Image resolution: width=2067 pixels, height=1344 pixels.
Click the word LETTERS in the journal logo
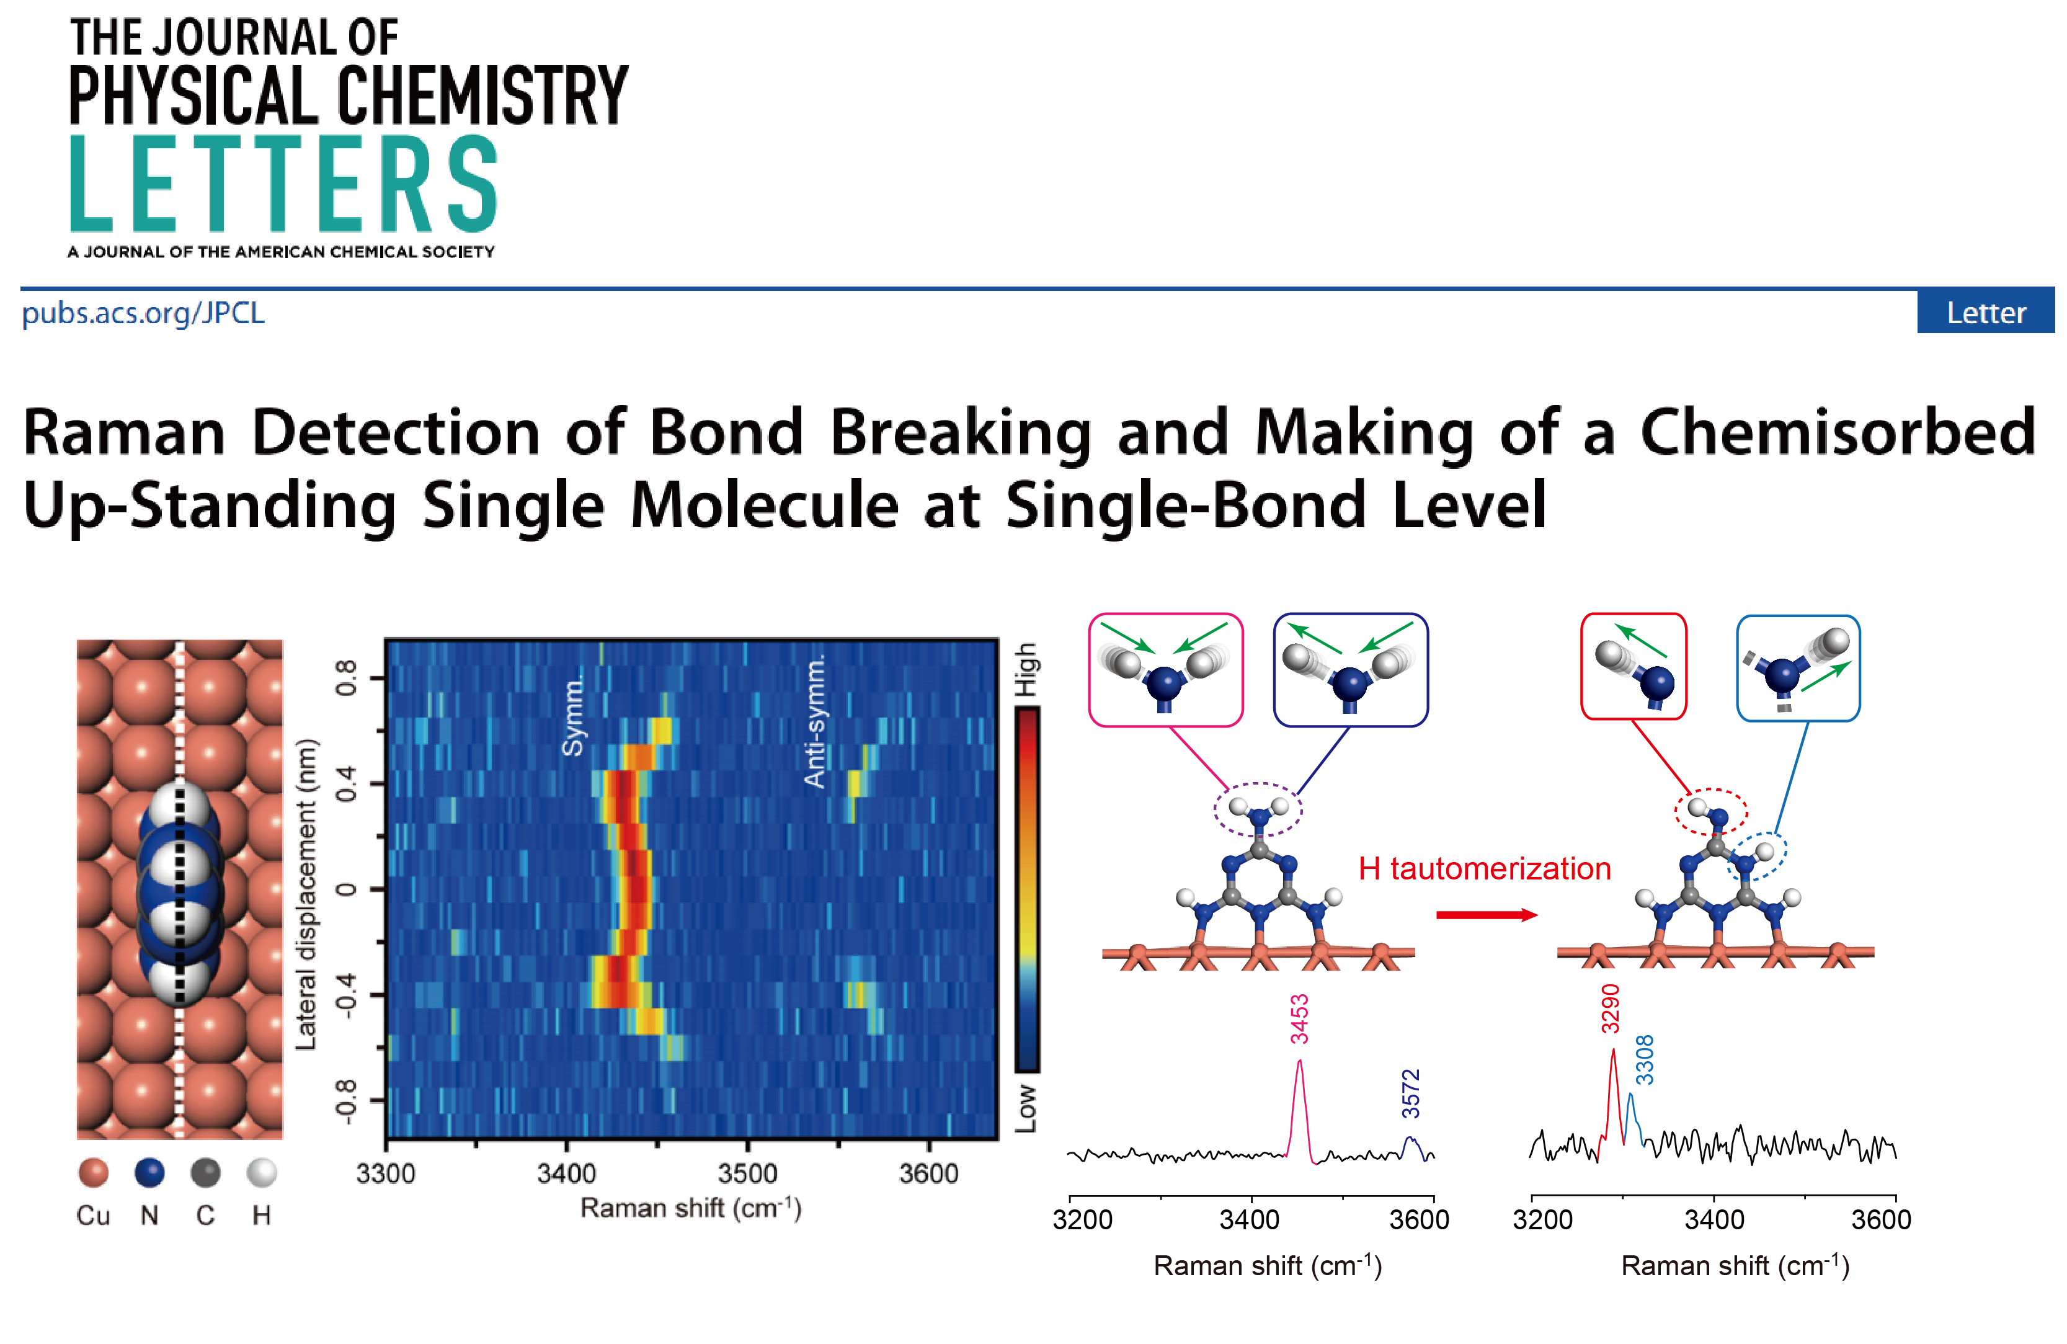coord(283,184)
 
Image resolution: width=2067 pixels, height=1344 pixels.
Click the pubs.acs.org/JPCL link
coord(143,313)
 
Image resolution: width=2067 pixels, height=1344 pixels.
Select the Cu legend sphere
coord(93,1172)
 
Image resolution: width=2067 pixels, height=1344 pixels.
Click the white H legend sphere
coord(262,1172)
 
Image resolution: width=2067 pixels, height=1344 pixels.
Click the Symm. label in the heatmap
coord(573,718)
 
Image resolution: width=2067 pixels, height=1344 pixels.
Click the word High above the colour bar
coord(1026,669)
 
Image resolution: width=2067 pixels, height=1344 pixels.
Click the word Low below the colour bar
coord(1026,1108)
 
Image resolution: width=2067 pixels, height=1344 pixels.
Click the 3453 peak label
coord(1299,1019)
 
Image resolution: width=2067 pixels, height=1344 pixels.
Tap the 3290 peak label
coord(1610,1008)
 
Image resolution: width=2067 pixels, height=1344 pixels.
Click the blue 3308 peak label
coord(1645,1060)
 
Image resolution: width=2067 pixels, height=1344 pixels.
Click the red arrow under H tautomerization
coord(1487,915)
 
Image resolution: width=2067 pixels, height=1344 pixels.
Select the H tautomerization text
coord(1484,869)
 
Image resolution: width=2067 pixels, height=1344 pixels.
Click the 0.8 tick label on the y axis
coord(347,678)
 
